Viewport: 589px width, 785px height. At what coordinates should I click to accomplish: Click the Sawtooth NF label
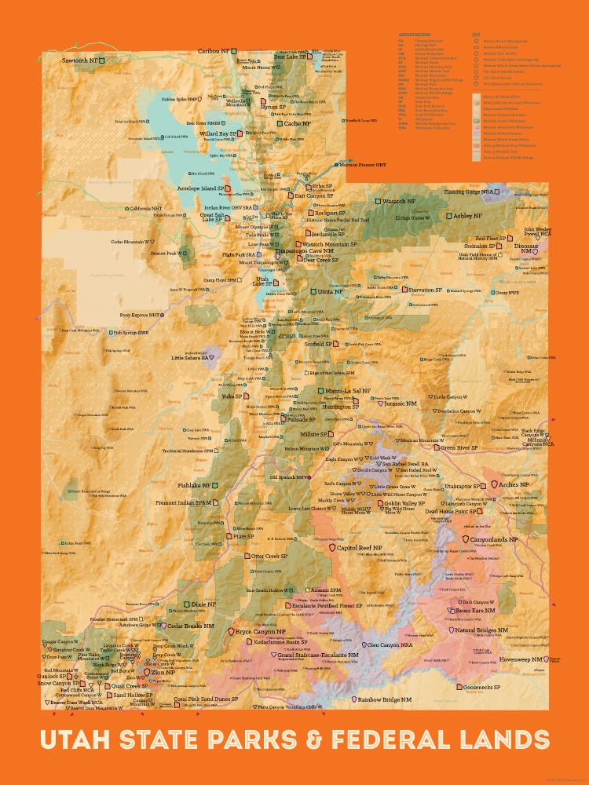click(x=80, y=60)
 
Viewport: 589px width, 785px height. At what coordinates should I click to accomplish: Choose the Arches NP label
click(x=514, y=485)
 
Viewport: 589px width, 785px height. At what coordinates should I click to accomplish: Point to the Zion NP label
click(x=163, y=673)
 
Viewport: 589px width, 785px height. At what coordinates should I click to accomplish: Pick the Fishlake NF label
click(x=194, y=485)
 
